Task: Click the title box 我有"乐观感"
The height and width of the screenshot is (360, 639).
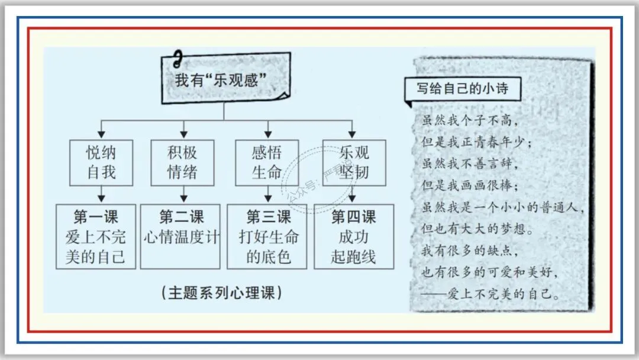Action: (x=224, y=81)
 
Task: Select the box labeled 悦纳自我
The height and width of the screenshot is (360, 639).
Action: (x=102, y=162)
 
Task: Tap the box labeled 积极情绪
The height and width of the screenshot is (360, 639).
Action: (x=182, y=162)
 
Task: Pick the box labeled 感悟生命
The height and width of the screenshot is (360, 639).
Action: (x=267, y=162)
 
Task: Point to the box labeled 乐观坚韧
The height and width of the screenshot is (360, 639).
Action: (x=354, y=162)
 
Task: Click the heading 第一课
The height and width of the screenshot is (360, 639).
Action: (x=96, y=217)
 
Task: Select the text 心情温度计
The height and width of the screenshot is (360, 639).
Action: (x=182, y=237)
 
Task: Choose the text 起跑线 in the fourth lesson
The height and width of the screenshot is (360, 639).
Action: (x=354, y=257)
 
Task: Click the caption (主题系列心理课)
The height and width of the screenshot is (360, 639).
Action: (x=221, y=292)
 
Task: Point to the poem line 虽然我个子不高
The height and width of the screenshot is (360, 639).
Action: (x=471, y=120)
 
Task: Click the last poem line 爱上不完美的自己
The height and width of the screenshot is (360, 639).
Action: (x=501, y=294)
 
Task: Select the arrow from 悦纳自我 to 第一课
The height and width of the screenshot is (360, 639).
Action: (x=102, y=193)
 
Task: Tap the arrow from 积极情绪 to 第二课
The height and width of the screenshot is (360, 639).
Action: (x=183, y=193)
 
